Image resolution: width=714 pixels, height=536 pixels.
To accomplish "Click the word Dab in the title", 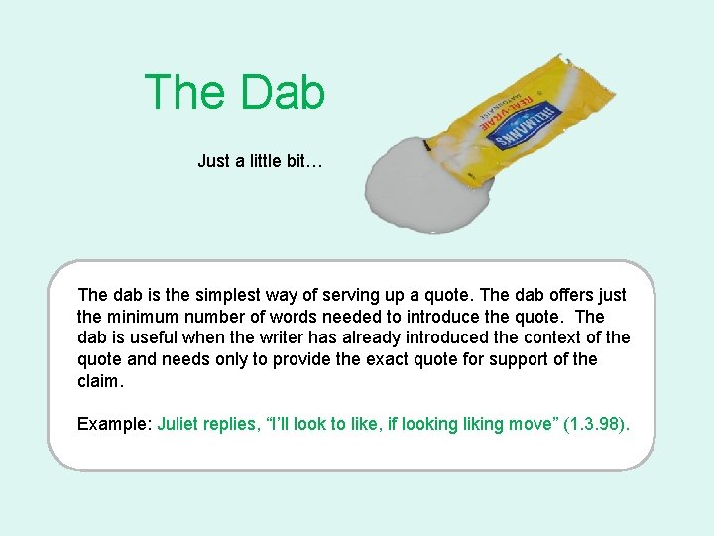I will [282, 92].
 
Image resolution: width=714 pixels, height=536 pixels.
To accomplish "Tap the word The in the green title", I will [184, 92].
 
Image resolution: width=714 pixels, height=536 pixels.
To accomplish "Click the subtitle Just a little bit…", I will [260, 160].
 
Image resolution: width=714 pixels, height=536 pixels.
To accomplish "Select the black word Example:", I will [115, 424].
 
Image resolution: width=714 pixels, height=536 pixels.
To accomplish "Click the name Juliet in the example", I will [180, 424].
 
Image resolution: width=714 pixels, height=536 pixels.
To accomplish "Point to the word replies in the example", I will [233, 424].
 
